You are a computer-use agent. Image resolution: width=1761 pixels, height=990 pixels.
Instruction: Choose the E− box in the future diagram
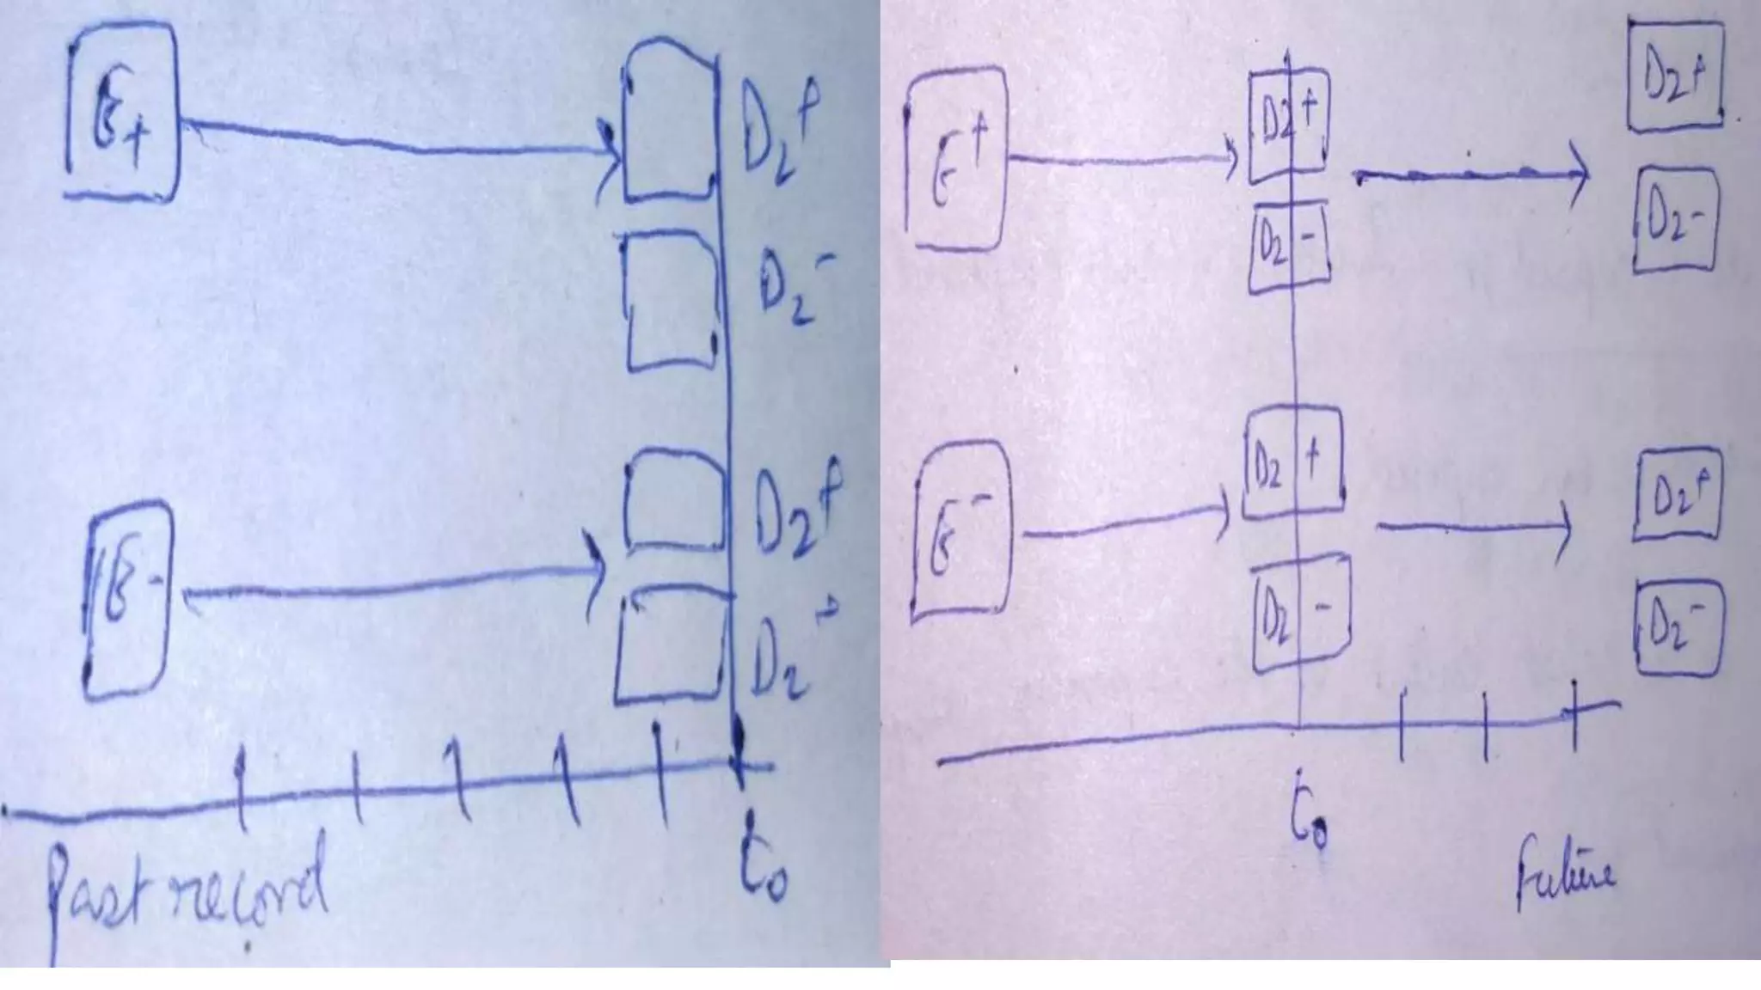click(960, 529)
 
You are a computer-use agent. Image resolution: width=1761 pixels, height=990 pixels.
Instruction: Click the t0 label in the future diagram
click(1309, 826)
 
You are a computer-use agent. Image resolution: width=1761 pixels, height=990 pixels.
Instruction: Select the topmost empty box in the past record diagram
click(670, 120)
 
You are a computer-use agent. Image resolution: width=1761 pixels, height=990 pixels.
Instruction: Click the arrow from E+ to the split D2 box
click(1122, 159)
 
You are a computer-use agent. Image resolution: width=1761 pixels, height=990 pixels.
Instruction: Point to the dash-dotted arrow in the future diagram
click(1470, 174)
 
